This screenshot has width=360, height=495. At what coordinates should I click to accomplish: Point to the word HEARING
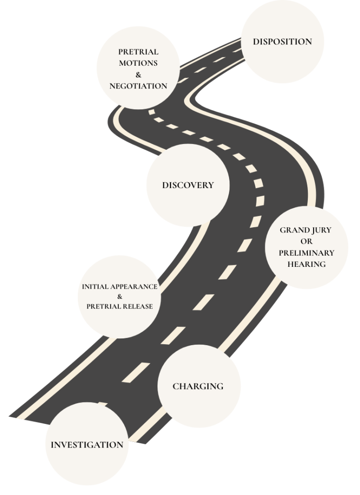(x=306, y=264)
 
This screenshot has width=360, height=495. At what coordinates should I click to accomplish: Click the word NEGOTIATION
(x=138, y=86)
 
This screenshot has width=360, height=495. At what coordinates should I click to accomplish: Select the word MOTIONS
(x=138, y=63)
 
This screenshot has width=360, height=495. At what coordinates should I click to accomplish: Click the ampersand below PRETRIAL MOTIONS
(x=138, y=74)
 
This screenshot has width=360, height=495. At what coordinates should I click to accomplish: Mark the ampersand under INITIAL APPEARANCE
(x=119, y=296)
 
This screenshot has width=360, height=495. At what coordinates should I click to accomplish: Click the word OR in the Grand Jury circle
(x=306, y=241)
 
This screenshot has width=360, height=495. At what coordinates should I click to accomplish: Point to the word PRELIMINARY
(x=306, y=253)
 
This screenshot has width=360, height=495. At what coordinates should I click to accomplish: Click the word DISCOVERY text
(x=187, y=185)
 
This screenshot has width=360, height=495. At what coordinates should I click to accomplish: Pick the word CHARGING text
(x=198, y=386)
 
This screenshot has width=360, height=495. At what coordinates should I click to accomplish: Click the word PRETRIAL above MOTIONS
(x=138, y=52)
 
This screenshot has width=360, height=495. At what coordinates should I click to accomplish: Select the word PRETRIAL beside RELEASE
(x=103, y=306)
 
